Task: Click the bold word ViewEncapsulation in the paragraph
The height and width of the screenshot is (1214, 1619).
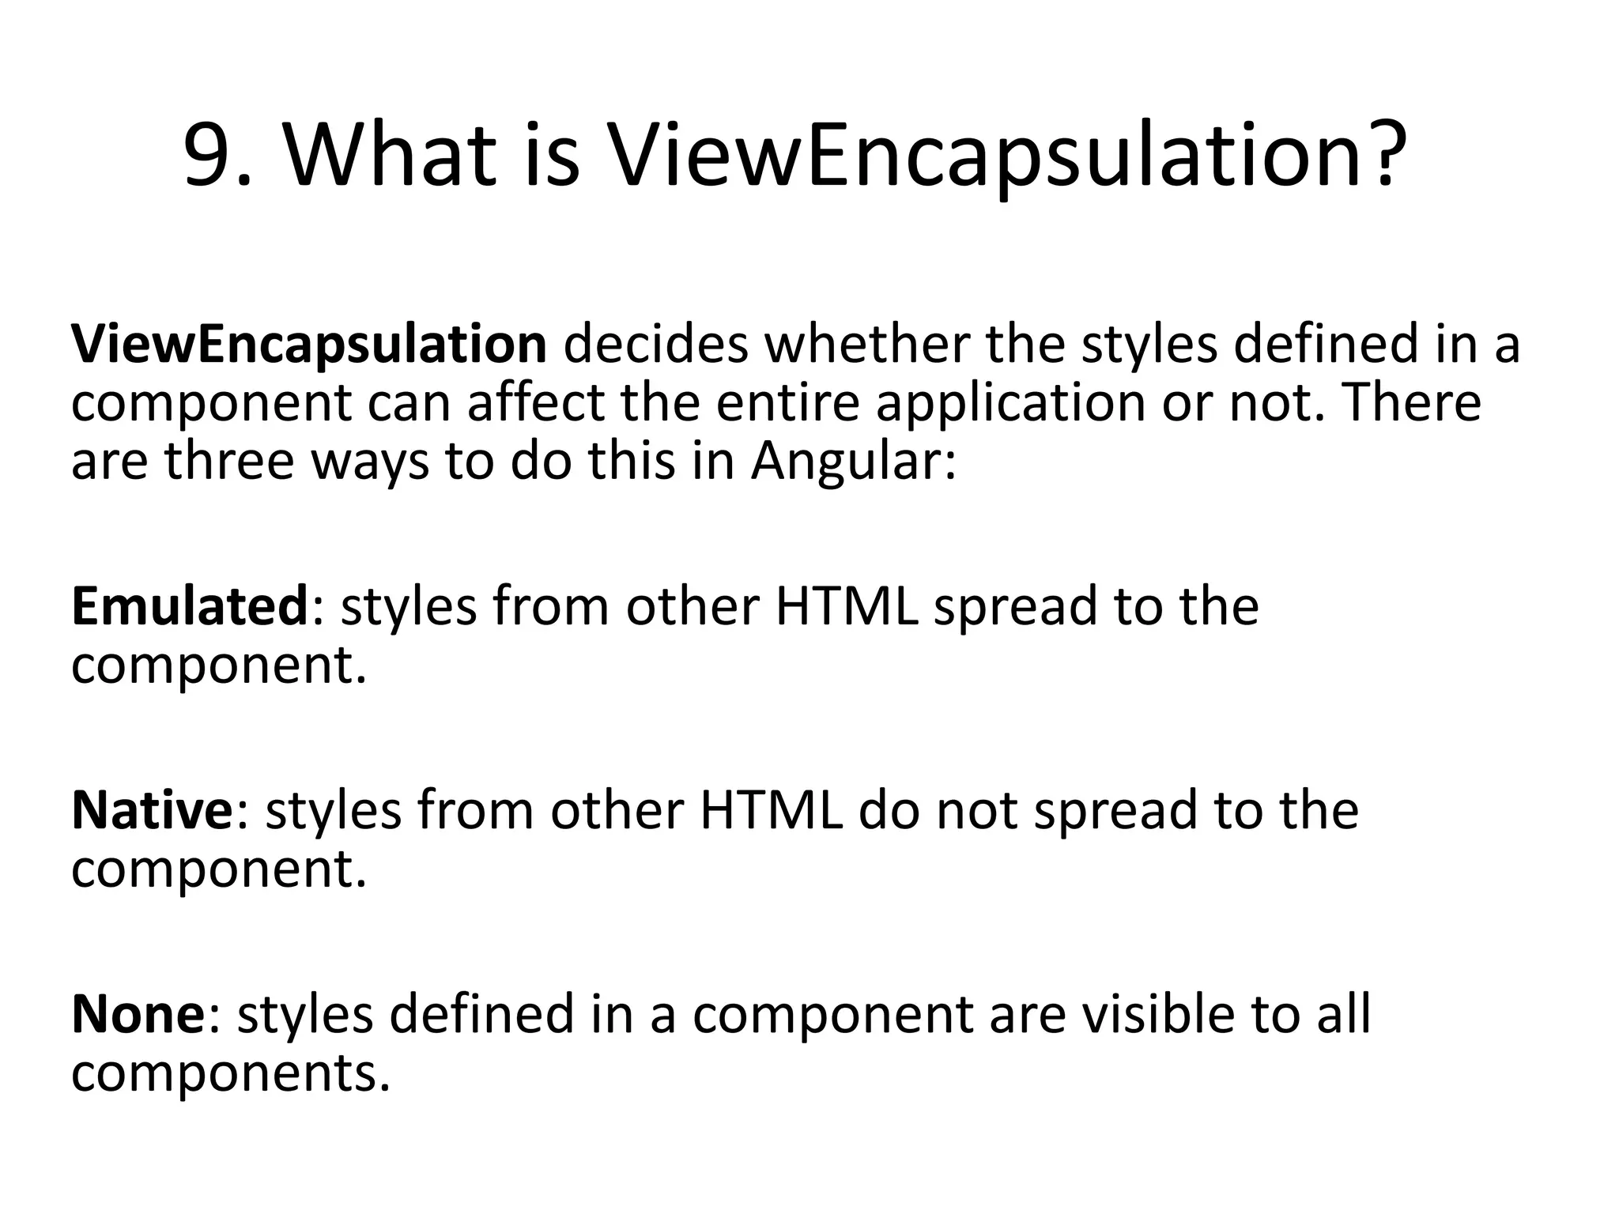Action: [x=308, y=345]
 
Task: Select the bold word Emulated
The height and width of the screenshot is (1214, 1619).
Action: [x=189, y=606]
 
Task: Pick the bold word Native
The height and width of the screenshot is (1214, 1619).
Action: [x=152, y=810]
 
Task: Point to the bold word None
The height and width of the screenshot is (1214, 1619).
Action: [x=138, y=1014]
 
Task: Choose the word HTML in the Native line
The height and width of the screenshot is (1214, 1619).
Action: [x=772, y=810]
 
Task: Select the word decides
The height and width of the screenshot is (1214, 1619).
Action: [x=655, y=345]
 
